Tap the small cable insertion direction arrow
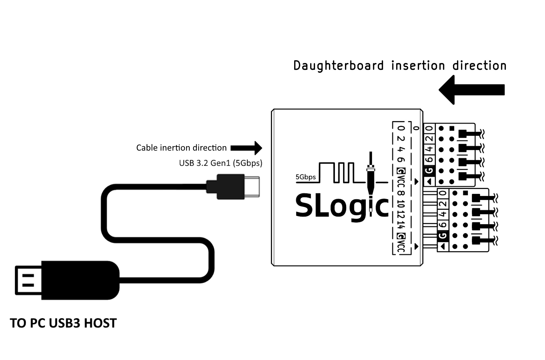pyautogui.click(x=246, y=148)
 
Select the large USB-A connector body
pyautogui.click(x=80, y=280)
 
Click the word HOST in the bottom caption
pyautogui.click(x=100, y=323)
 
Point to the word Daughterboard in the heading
pyautogui.click(x=338, y=66)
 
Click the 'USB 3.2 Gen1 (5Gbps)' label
pyautogui.click(x=221, y=163)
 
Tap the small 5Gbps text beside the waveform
pyautogui.click(x=305, y=177)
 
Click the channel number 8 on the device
pyautogui.click(x=401, y=193)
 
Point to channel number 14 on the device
pyautogui.click(x=401, y=225)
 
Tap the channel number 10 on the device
pyautogui.click(x=401, y=204)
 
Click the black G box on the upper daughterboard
pyautogui.click(x=429, y=171)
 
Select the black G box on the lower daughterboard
pyautogui.click(x=443, y=236)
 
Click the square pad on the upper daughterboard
pyautogui.click(x=452, y=128)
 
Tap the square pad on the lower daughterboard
pyautogui.click(x=465, y=193)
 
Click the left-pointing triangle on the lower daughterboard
pyautogui.click(x=443, y=247)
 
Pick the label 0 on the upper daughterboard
pyautogui.click(x=429, y=129)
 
